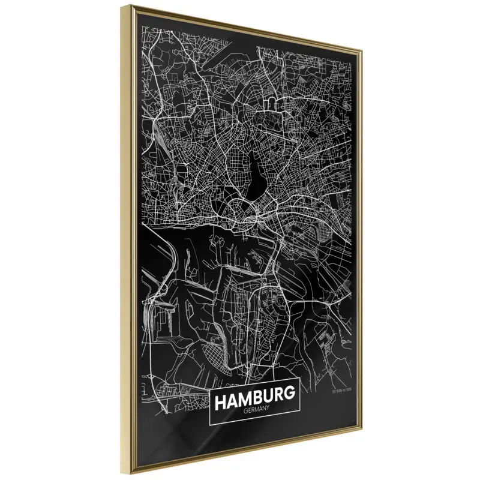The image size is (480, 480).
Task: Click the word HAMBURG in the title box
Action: pyautogui.click(x=254, y=397)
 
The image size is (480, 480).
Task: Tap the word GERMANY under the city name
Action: pyautogui.click(x=256, y=410)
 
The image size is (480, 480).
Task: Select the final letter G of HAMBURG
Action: pyautogui.click(x=289, y=395)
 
